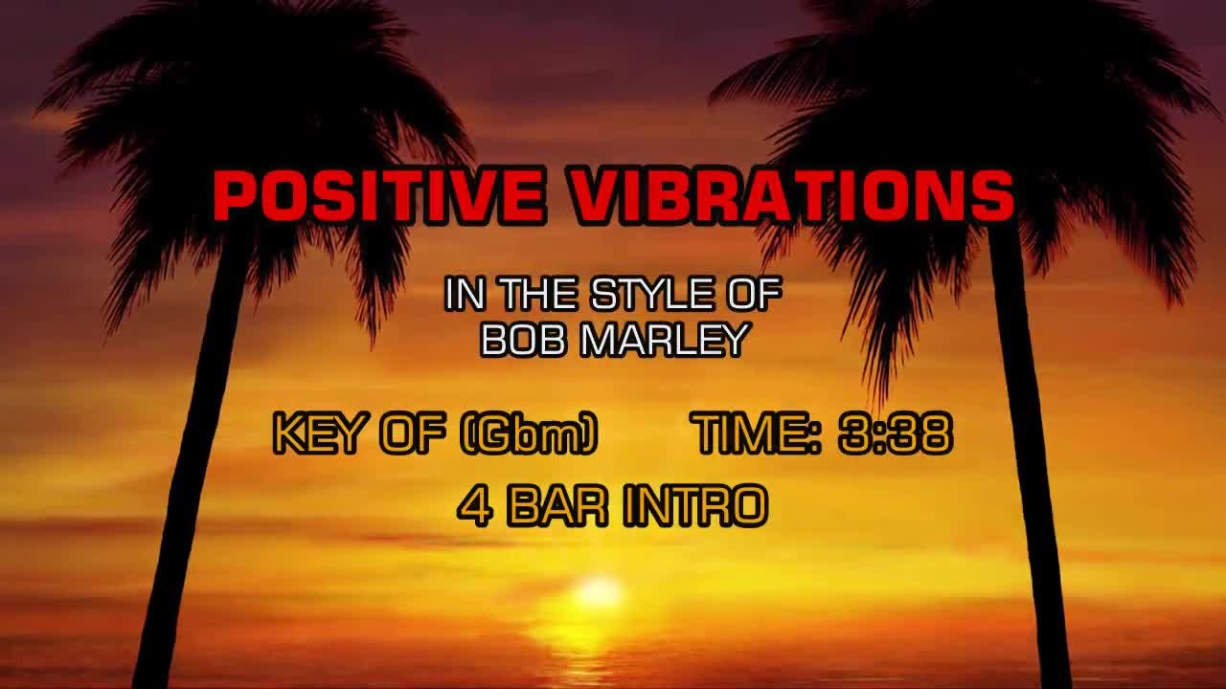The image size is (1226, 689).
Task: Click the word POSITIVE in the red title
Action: [x=378, y=195]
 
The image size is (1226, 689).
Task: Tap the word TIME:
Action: [x=759, y=433]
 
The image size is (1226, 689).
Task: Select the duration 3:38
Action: [x=896, y=433]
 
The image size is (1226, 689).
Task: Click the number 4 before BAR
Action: [x=476, y=506]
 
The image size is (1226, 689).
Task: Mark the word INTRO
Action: [x=696, y=506]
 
